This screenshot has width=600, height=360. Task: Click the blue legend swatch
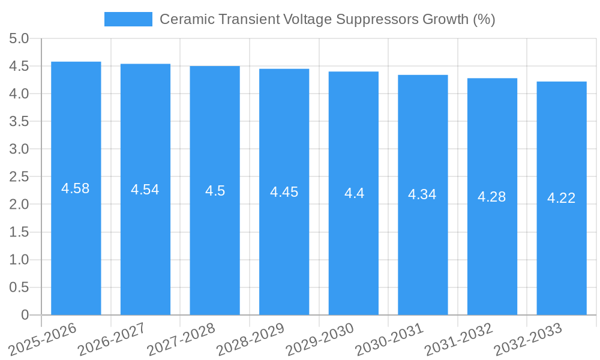click(x=128, y=19)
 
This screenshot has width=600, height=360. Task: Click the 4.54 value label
click(x=145, y=190)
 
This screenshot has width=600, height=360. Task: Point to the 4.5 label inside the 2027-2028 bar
click(x=215, y=191)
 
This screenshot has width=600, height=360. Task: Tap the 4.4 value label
click(x=354, y=193)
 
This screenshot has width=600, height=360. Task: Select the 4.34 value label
click(x=422, y=194)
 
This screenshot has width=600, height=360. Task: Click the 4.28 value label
click(x=492, y=196)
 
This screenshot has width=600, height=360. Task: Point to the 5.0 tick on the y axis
click(x=19, y=38)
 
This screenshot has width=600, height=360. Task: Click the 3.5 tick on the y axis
click(x=19, y=121)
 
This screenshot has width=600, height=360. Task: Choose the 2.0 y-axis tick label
click(x=19, y=204)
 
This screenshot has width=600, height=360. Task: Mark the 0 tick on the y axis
click(x=25, y=315)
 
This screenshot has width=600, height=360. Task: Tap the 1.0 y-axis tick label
click(x=19, y=260)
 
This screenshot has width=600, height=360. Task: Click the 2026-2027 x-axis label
click(x=112, y=340)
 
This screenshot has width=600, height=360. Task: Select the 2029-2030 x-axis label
click(x=320, y=340)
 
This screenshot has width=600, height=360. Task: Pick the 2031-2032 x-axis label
click(x=458, y=340)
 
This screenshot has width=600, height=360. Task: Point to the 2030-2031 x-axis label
click(x=389, y=340)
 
